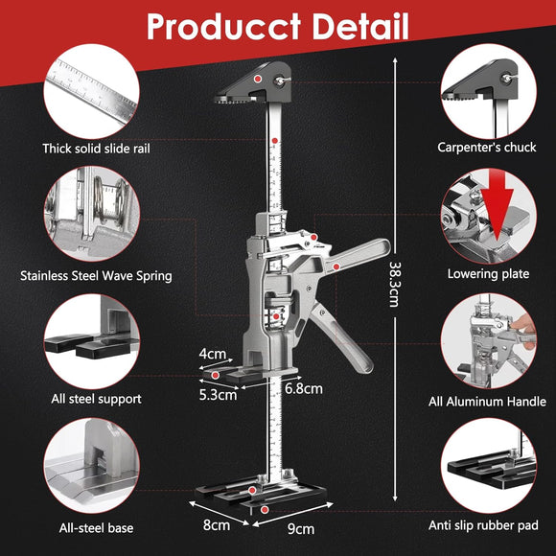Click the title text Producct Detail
pos(278,27)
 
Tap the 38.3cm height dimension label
pos(395,284)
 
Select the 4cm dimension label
pos(213,354)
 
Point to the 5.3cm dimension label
pos(218,395)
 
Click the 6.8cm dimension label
pos(304,388)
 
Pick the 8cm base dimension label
pos(217,524)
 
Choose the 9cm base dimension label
pos(301,529)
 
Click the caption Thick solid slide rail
pos(96,149)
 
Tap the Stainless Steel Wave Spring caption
pos(96,276)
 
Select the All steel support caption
pos(96,399)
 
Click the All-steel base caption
pos(96,528)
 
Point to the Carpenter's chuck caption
pos(487,148)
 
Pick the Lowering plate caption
pos(488,274)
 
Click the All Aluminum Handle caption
pos(487,402)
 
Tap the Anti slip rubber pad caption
pos(483,525)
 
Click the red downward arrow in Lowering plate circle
pos(497,206)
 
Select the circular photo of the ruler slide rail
pos(92,91)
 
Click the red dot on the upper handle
pos(336,266)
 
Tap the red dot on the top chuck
pos(258,79)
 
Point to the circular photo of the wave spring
pos(92,214)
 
